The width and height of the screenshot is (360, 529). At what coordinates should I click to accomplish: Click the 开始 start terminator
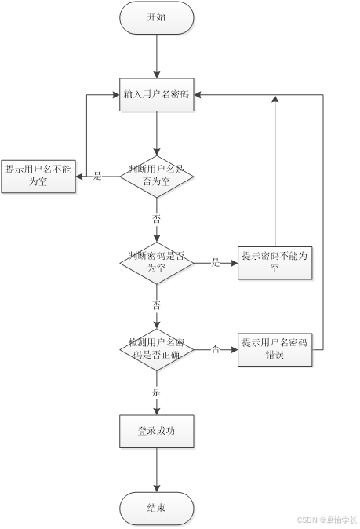click(157, 17)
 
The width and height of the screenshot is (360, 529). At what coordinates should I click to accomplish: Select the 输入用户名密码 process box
click(157, 94)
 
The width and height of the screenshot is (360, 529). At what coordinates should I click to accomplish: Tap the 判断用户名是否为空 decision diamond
click(157, 177)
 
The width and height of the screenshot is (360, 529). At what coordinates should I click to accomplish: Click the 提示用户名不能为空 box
click(38, 177)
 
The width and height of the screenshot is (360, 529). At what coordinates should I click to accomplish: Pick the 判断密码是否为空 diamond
click(157, 263)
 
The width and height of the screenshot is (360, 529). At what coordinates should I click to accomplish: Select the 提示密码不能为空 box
click(275, 263)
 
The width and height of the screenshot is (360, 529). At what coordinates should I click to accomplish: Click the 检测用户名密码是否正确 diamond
click(157, 349)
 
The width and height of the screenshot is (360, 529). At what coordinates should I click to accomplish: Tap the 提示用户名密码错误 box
click(275, 349)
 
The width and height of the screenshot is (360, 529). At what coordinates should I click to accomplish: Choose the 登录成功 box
click(157, 432)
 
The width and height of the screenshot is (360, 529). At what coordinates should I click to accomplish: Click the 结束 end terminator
click(157, 508)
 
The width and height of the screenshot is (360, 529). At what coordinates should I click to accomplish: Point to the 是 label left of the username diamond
click(97, 176)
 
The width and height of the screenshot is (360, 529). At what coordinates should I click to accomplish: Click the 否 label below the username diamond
click(156, 219)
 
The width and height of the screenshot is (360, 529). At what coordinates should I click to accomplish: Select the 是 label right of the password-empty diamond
click(216, 262)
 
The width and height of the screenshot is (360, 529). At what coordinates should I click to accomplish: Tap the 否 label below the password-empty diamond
click(156, 305)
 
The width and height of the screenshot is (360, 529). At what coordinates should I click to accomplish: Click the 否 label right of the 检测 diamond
click(216, 348)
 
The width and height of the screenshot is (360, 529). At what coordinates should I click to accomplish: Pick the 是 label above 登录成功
click(156, 392)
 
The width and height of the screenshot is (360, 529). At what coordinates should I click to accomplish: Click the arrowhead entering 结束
click(157, 488)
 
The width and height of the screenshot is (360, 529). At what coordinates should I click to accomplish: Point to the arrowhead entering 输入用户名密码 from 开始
click(157, 75)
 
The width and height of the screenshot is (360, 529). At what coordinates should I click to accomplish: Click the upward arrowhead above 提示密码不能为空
click(275, 99)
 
